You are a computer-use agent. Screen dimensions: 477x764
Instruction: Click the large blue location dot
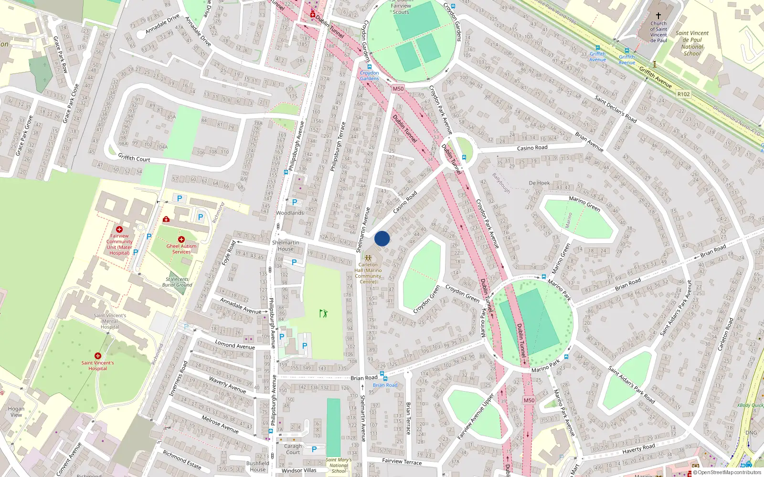point(382,238)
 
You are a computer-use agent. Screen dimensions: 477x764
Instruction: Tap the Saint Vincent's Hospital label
point(97,366)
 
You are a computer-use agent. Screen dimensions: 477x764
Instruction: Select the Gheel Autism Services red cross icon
point(181,239)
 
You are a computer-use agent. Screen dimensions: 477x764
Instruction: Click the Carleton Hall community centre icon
point(368,258)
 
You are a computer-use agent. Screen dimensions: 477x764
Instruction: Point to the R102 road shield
point(683,94)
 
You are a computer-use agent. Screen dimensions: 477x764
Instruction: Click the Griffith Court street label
point(134,158)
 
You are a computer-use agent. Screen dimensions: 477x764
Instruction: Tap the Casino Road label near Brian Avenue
point(532,148)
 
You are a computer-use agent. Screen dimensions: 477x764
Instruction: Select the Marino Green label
point(584,204)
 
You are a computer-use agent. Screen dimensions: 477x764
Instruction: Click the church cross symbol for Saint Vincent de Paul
point(658,16)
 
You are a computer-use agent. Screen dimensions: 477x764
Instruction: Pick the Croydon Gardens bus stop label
point(370,76)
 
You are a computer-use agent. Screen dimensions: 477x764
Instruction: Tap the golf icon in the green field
point(324,313)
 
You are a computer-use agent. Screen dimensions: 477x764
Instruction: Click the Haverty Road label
point(638,448)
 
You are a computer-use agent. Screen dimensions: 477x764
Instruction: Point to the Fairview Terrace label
point(402,461)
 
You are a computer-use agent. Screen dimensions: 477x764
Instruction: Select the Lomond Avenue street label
point(235,344)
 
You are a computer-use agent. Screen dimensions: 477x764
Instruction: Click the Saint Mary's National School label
point(339,466)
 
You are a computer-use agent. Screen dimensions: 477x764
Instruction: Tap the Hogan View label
point(16,412)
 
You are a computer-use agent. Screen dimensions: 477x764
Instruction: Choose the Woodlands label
point(290,213)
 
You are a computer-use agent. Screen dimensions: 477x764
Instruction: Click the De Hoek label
point(539,183)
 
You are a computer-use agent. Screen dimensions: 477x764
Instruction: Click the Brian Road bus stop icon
point(382,374)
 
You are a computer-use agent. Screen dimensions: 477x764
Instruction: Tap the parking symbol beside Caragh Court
point(314,449)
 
